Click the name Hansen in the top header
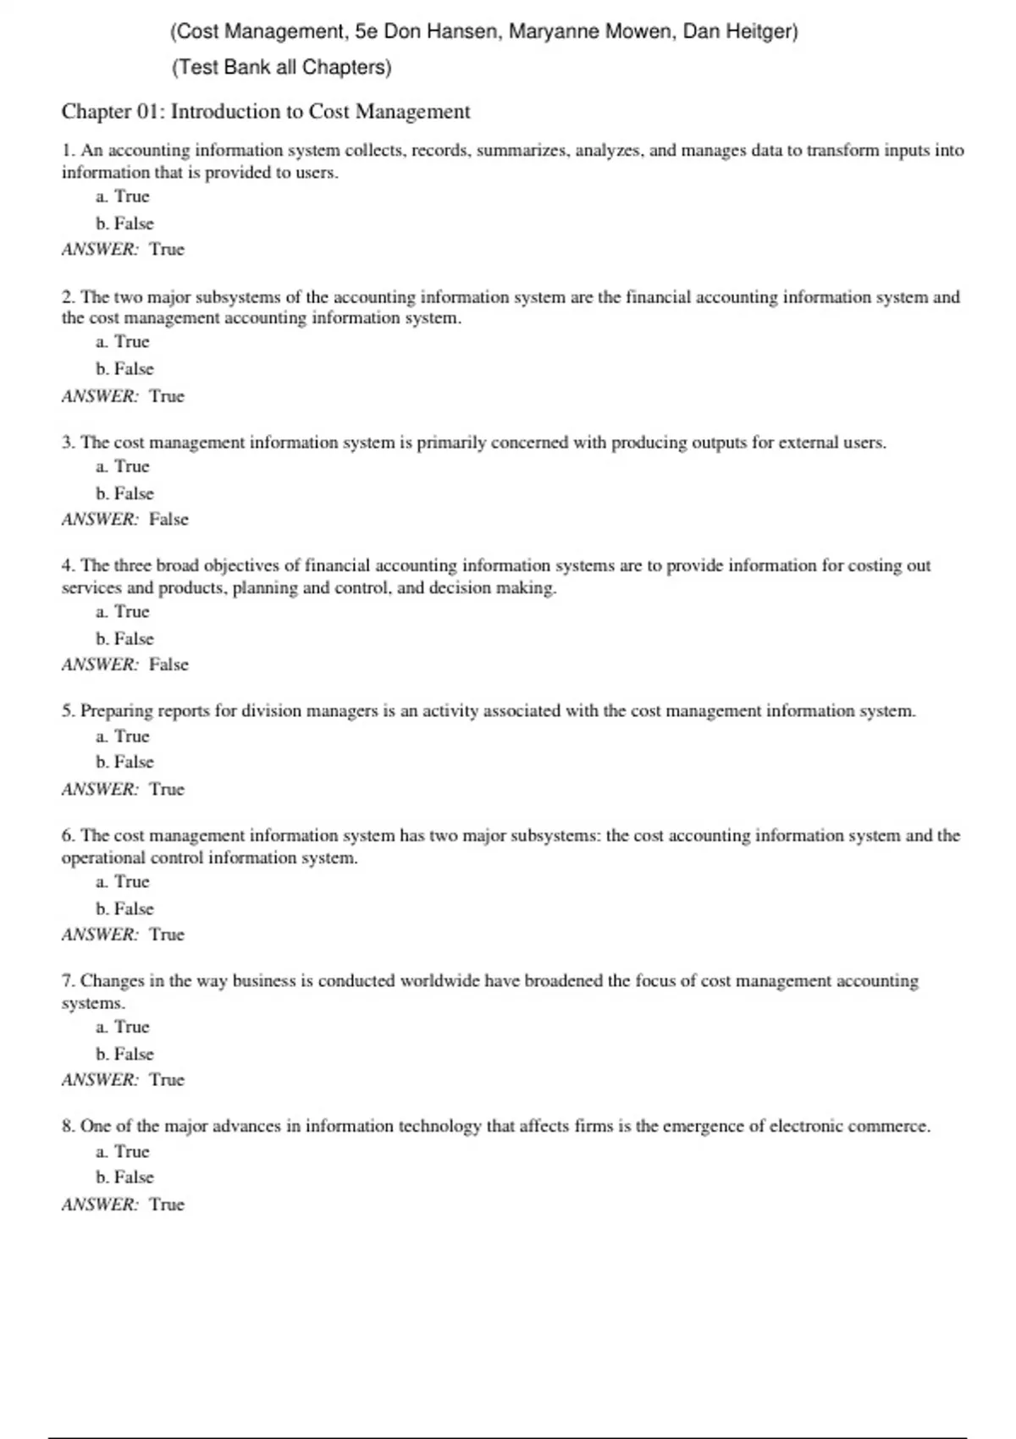click(x=462, y=32)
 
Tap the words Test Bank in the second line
click(x=224, y=68)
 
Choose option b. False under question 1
click(x=125, y=223)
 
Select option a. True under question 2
click(x=123, y=342)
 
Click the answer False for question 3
click(x=168, y=520)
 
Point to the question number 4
click(x=68, y=565)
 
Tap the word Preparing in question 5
click(x=116, y=711)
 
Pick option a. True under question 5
click(x=123, y=736)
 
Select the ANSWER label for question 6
click(x=100, y=935)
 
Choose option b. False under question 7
click(x=125, y=1054)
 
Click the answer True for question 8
click(x=167, y=1205)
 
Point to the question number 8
click(x=68, y=1127)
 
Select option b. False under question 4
click(x=125, y=639)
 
